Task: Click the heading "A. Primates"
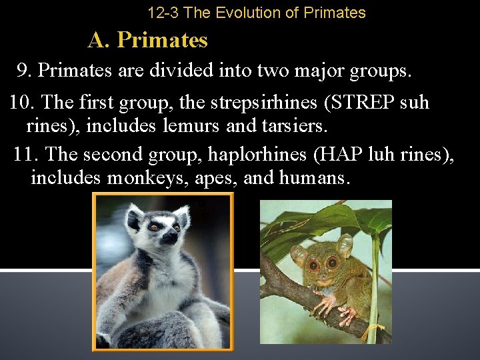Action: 147,41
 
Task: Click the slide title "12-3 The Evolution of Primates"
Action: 256,13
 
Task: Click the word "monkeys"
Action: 147,178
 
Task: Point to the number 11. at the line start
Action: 27,155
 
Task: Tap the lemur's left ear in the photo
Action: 135,215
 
